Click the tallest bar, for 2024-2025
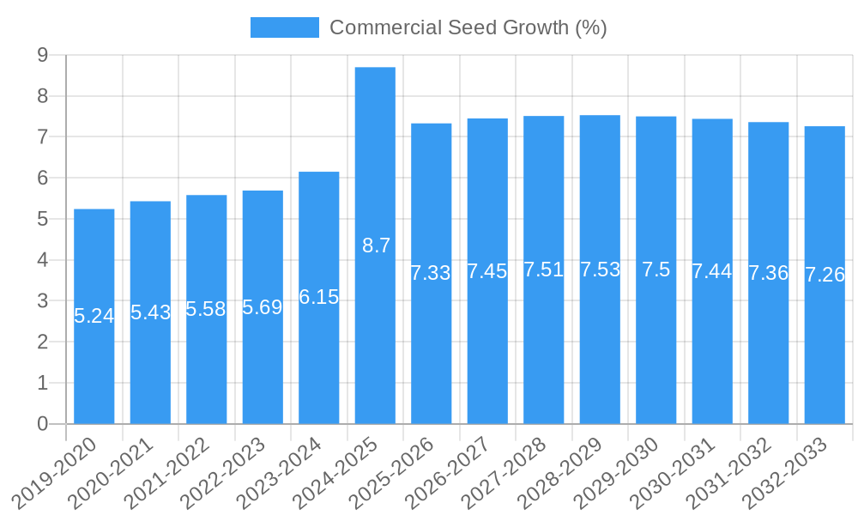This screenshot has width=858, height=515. (x=375, y=172)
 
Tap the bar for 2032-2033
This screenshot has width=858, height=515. (x=825, y=360)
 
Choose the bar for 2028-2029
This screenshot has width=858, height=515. (x=600, y=360)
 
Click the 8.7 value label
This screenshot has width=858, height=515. (x=376, y=245)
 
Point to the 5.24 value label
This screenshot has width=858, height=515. (x=94, y=316)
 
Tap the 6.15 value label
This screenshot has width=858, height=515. (x=319, y=297)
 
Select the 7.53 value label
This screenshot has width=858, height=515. (x=600, y=270)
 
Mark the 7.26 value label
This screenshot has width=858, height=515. (x=825, y=275)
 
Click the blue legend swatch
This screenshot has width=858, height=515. (x=284, y=27)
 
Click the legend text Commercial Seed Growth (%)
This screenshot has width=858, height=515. (x=468, y=27)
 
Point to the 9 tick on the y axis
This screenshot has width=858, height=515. (x=42, y=56)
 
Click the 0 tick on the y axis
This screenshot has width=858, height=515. (x=42, y=424)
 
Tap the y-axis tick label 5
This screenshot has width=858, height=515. (x=42, y=219)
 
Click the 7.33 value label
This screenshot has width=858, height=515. (x=431, y=273)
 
